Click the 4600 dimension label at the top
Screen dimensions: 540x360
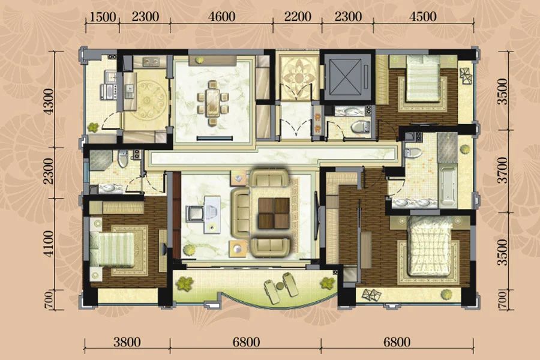[x=222, y=16]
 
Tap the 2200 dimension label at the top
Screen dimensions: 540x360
[x=298, y=16]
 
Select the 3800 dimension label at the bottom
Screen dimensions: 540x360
[x=127, y=342]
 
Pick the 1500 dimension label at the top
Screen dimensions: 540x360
[x=102, y=16]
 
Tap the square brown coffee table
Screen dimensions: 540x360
[x=274, y=213]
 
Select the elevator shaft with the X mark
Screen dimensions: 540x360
[x=347, y=77]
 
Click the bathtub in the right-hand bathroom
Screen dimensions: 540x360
[x=448, y=187]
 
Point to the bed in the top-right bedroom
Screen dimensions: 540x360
[x=423, y=79]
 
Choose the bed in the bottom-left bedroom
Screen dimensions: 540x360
[x=112, y=249]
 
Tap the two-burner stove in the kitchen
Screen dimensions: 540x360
[x=151, y=61]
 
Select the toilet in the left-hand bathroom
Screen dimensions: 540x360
[x=123, y=158]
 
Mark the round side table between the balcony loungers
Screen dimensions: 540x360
[x=280, y=286]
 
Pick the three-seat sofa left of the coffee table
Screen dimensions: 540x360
[x=241, y=213]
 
